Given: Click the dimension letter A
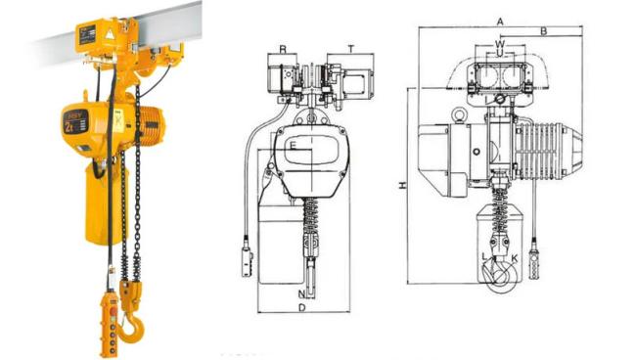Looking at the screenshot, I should [x=499, y=20].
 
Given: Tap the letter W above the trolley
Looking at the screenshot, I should [x=500, y=43].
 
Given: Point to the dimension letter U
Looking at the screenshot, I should [x=500, y=55].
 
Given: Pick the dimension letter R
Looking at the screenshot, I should [x=282, y=48].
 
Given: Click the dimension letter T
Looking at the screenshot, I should [x=350, y=48].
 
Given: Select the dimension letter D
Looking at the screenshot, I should [x=302, y=308].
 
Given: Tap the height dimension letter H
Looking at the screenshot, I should [x=402, y=185].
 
